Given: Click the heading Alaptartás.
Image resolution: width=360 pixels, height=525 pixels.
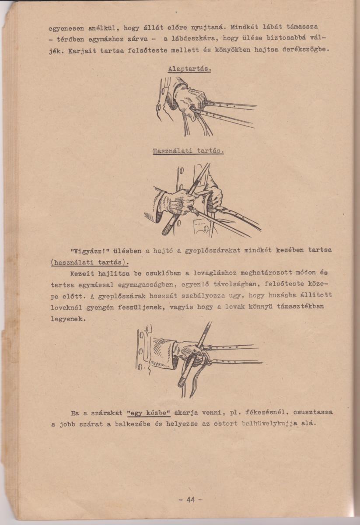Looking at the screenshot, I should (189, 69).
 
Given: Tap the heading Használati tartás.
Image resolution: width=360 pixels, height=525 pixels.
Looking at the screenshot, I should (188, 151).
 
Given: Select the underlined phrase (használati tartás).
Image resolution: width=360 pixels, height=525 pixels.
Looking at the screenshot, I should (90, 262).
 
